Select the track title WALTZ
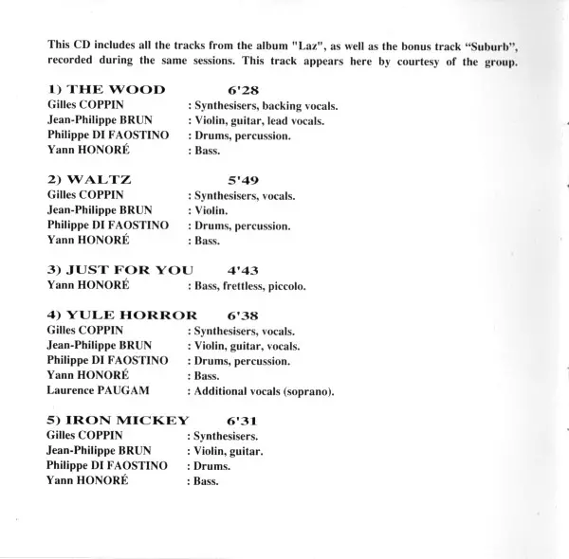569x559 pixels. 91,179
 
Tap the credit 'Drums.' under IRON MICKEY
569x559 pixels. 209,466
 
